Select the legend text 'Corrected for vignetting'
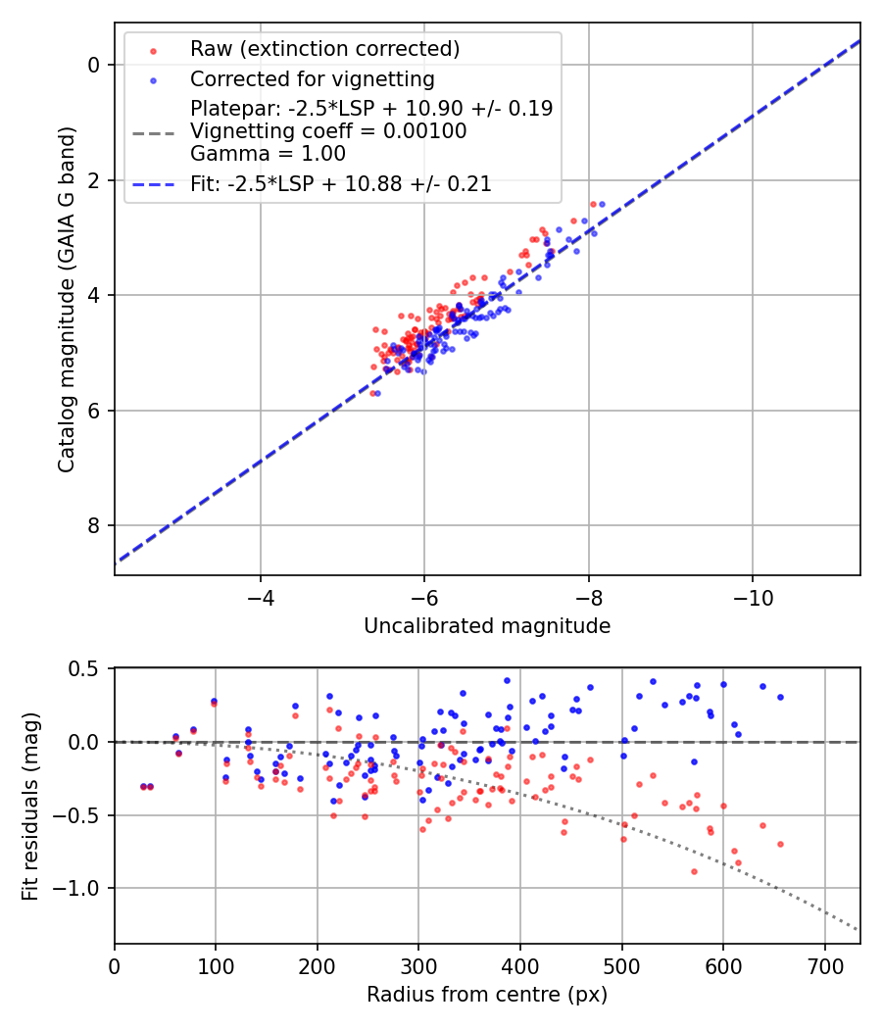click(313, 78)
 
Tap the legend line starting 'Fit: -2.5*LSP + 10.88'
click(341, 183)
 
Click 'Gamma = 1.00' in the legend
click(268, 154)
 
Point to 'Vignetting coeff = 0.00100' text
click(328, 131)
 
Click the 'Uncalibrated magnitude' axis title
click(487, 626)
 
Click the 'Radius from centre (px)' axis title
click(487, 995)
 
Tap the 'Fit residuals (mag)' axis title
click(30, 805)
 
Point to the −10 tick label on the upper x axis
click(753, 597)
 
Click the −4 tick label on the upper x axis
click(261, 597)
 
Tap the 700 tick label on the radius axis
click(824, 965)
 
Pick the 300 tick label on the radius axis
click(418, 965)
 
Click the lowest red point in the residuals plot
click(694, 871)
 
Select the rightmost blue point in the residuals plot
click(780, 697)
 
